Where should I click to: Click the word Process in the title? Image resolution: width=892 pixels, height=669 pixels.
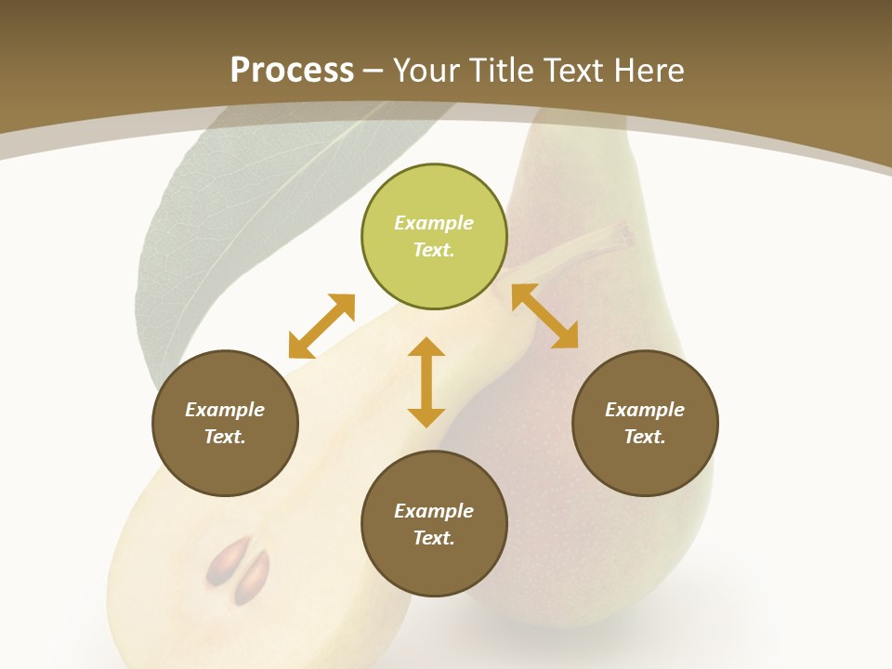tap(292, 70)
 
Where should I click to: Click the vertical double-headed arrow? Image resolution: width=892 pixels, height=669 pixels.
tap(426, 382)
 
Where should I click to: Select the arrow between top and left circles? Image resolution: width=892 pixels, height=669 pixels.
tap(321, 326)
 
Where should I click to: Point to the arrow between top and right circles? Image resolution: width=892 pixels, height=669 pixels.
tap(545, 316)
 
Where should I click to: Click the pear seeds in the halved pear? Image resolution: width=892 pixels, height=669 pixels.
tap(239, 570)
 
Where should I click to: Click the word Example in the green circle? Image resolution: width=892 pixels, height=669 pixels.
tap(434, 223)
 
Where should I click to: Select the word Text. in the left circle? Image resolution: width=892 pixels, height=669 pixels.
tap(225, 437)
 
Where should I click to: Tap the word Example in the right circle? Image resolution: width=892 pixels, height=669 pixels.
tap(645, 410)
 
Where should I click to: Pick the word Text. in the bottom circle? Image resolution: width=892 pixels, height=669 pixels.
tap(434, 538)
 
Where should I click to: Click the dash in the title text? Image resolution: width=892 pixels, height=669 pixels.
tap(374, 71)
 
